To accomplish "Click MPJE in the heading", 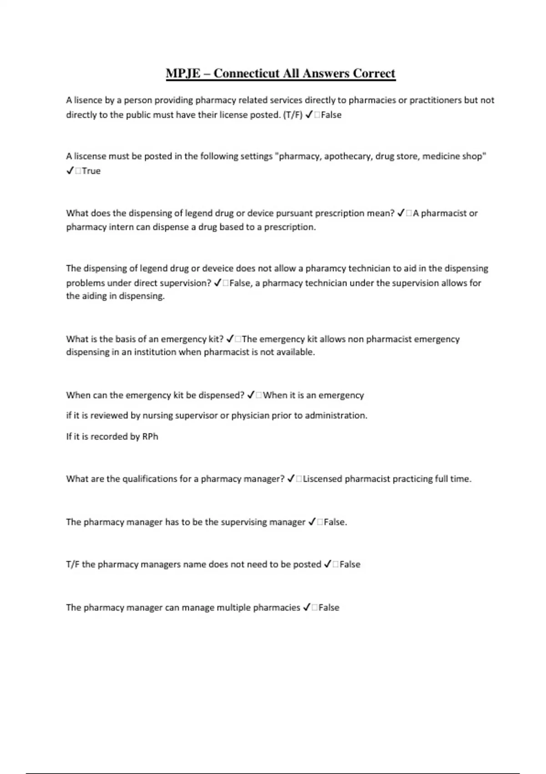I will (x=183, y=73).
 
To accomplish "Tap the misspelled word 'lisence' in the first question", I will (x=89, y=100).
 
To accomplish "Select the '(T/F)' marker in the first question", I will (x=293, y=115).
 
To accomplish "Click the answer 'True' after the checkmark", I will (x=91, y=171).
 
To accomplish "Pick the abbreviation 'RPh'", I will (x=150, y=436).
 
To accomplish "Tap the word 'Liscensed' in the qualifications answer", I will (x=323, y=479).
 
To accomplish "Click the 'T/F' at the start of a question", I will (x=73, y=564).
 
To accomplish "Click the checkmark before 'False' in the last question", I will (x=307, y=607).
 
